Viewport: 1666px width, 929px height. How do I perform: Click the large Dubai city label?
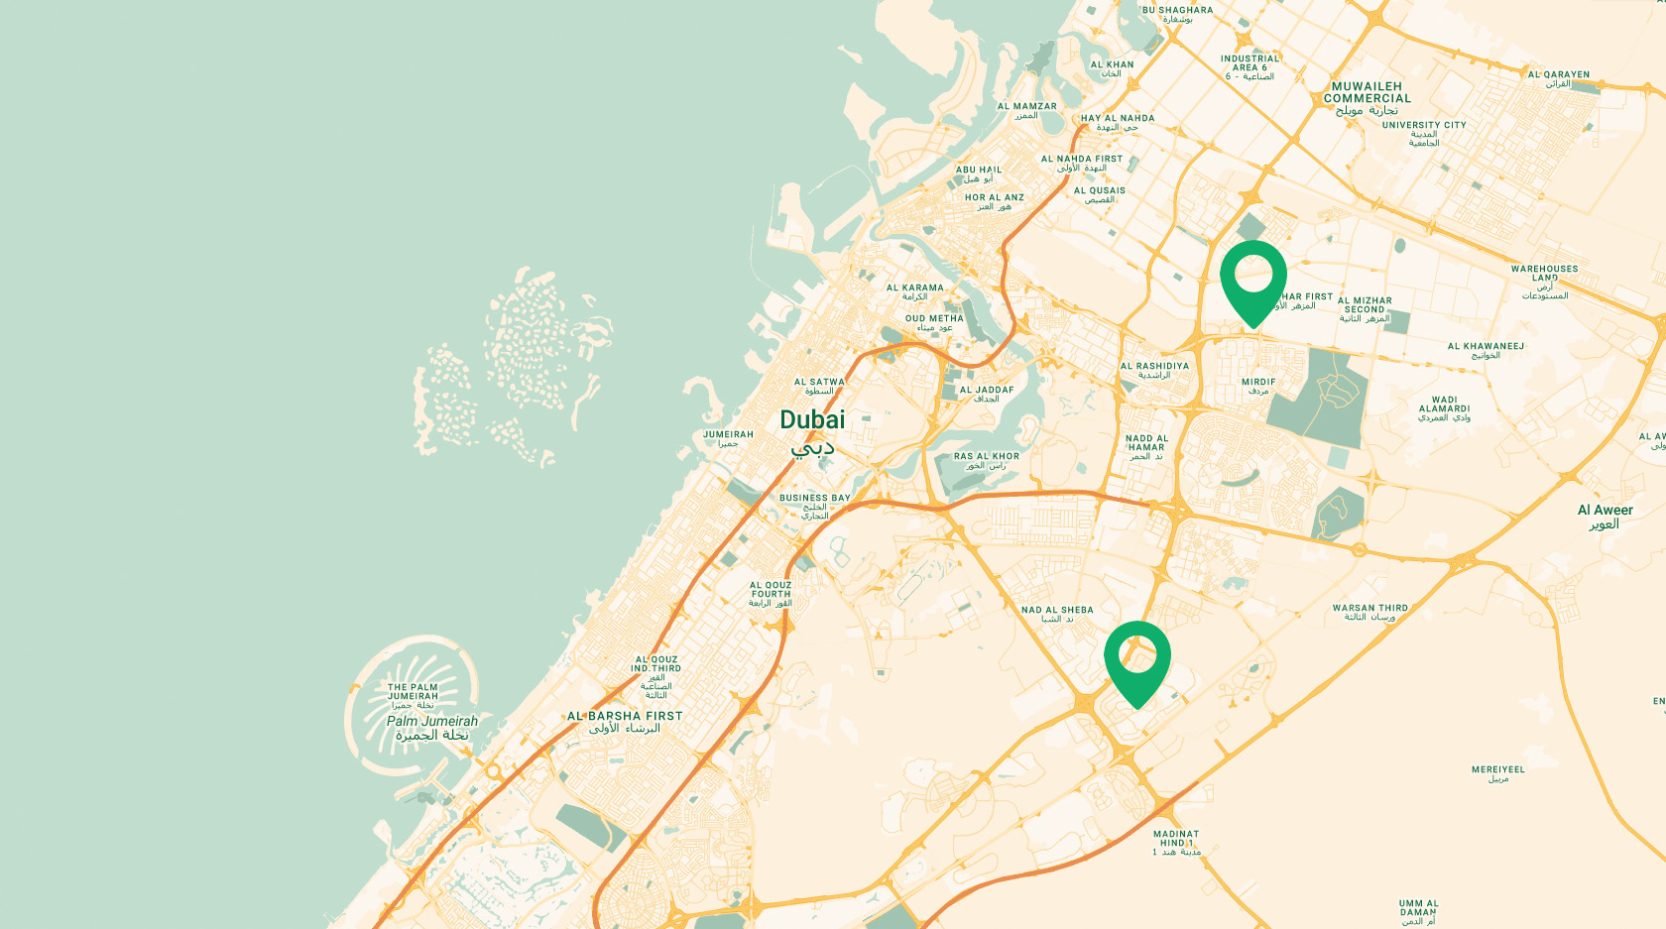[x=812, y=420]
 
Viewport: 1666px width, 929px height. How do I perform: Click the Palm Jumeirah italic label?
[x=432, y=722]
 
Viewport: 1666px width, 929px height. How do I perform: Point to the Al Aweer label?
[x=1605, y=511]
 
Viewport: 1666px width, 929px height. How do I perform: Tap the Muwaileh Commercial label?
[x=1367, y=93]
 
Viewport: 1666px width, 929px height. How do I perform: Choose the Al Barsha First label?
[x=625, y=716]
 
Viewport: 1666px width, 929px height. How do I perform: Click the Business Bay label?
[x=814, y=499]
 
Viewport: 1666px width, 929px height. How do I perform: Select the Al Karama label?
[x=914, y=289]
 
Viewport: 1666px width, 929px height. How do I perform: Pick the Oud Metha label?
[x=933, y=319]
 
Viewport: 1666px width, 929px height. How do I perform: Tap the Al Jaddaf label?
[x=986, y=391]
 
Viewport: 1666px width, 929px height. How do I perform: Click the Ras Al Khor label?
[x=986, y=457]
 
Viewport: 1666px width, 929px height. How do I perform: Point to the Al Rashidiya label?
[x=1154, y=367]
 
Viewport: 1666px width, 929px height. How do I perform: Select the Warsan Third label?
[x=1369, y=609]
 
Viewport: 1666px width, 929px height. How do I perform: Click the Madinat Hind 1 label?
[x=1176, y=839]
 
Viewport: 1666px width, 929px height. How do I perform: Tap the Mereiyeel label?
[x=1497, y=770]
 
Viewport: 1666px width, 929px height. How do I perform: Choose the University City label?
[x=1424, y=126]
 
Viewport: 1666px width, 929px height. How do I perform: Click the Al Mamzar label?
[x=1026, y=107]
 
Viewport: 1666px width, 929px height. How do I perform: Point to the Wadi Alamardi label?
[x=1444, y=405]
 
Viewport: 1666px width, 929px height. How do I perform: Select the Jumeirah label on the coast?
[x=728, y=435]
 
